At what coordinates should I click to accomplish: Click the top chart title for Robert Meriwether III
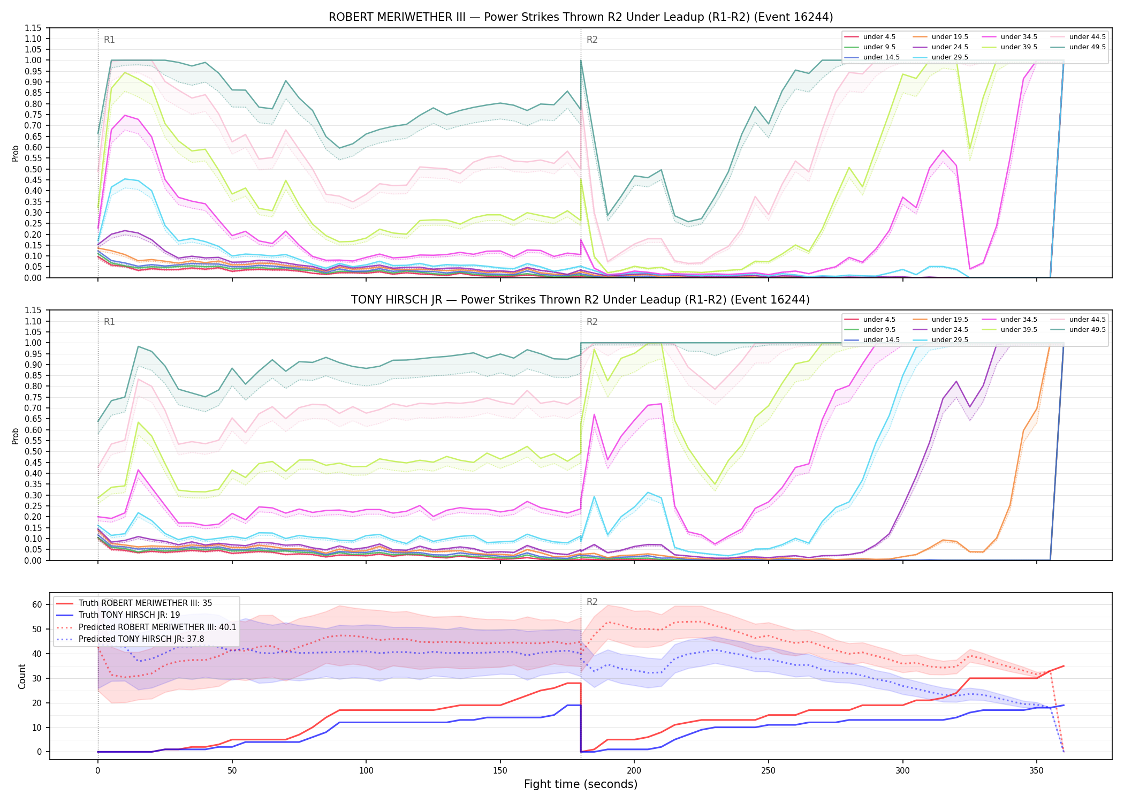[x=581, y=17]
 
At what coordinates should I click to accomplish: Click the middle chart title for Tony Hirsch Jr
[x=581, y=300]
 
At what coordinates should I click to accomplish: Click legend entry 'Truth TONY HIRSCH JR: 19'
[x=129, y=615]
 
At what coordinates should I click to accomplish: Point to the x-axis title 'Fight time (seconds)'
[x=581, y=784]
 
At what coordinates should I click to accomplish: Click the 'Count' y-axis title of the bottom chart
[x=22, y=676]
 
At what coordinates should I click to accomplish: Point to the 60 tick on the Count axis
[x=37, y=604]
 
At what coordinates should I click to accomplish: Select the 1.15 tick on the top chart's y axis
[x=33, y=28]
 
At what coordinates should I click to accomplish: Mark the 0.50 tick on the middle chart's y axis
[x=33, y=451]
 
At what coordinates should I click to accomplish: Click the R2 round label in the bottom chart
[x=592, y=602]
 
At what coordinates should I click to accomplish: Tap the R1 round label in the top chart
[x=109, y=40]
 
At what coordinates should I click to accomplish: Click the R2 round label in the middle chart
[x=592, y=322]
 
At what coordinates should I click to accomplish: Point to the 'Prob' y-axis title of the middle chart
[x=16, y=436]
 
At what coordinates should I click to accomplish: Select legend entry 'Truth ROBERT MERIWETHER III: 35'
[x=145, y=603]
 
